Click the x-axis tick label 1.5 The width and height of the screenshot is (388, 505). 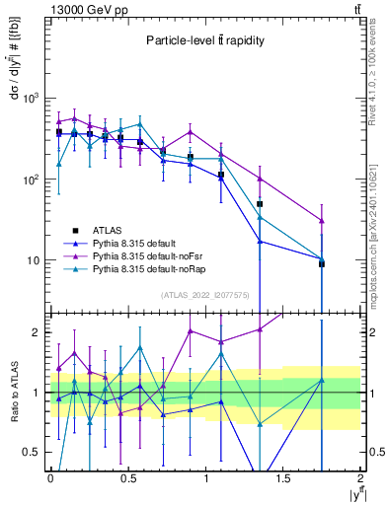click(283, 478)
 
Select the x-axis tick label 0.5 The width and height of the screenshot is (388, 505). click(127, 478)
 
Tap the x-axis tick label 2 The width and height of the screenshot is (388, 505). click(361, 478)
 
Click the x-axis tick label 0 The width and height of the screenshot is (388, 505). click(50, 478)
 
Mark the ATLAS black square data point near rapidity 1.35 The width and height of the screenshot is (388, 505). click(260, 204)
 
